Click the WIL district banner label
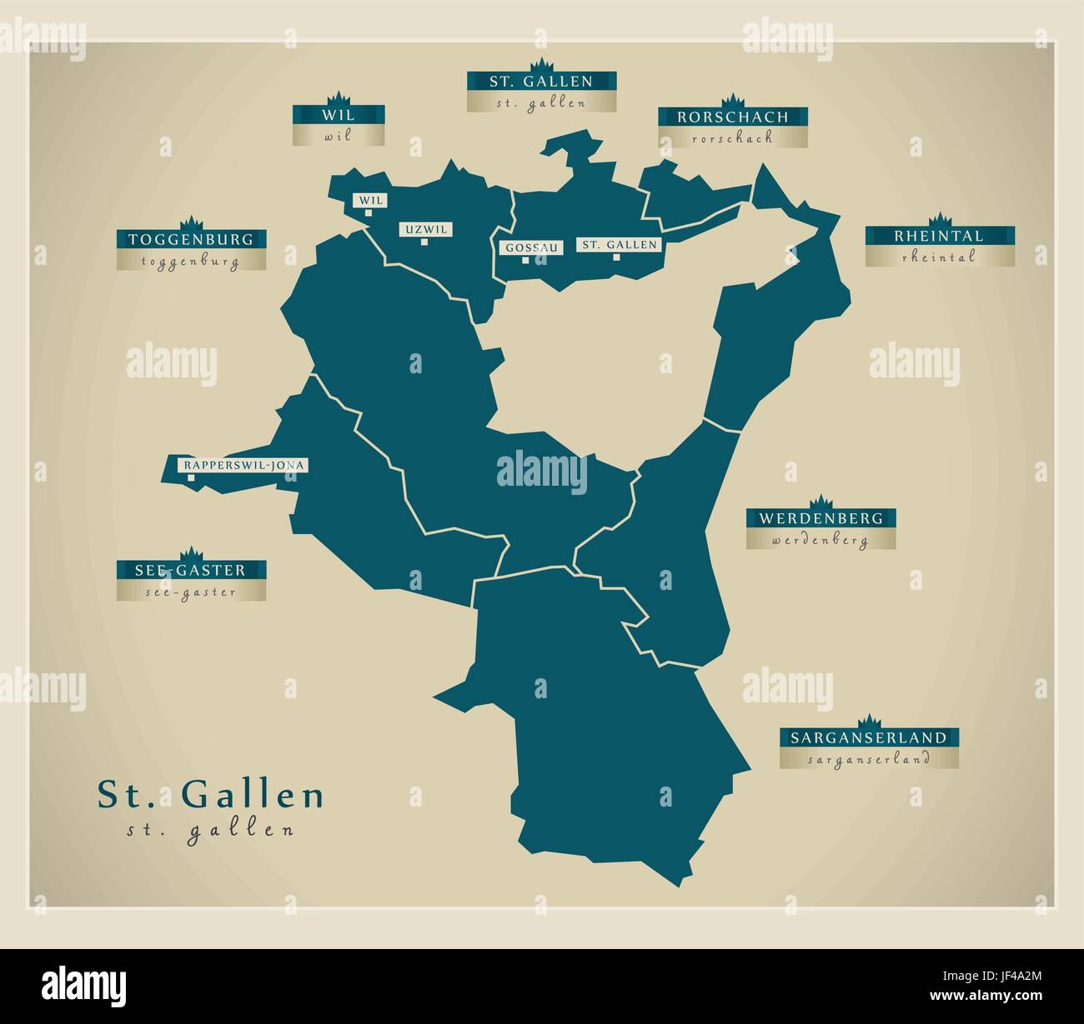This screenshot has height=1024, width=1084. [339, 115]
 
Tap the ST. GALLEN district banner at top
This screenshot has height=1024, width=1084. [541, 82]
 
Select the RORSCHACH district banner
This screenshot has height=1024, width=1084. [732, 117]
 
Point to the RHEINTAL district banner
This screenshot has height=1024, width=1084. [939, 237]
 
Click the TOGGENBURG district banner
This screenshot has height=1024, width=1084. [191, 240]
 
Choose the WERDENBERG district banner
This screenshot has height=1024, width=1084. [821, 518]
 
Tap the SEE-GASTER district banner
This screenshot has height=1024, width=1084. [191, 571]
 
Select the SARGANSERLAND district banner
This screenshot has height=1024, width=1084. [869, 737]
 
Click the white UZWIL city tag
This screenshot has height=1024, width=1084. [425, 229]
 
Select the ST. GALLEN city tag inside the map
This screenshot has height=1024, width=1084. [620, 245]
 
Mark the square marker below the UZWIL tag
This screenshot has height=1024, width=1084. [424, 242]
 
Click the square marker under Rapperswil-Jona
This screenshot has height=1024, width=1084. [191, 478]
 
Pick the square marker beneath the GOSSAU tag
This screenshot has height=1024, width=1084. [525, 260]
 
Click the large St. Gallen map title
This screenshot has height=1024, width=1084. [211, 795]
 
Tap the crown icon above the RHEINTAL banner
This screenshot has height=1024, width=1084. [940, 219]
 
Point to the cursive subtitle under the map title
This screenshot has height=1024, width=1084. [210, 830]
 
